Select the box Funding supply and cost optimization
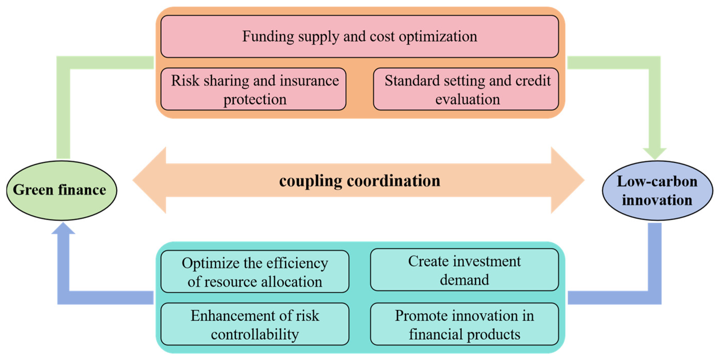pyautogui.click(x=360, y=36)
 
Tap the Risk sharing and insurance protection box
pyautogui.click(x=253, y=89)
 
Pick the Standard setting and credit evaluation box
pyautogui.click(x=466, y=89)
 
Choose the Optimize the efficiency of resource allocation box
pyautogui.click(x=255, y=271)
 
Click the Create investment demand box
pyautogui.click(x=464, y=270)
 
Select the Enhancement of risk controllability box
pyautogui.click(x=255, y=324)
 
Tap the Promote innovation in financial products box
pyautogui.click(x=464, y=324)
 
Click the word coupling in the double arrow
pyautogui.click(x=310, y=181)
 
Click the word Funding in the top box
pyautogui.click(x=268, y=36)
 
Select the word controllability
pyautogui.click(x=255, y=334)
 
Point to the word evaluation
pyautogui.click(x=467, y=99)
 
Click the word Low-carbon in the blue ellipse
pyautogui.click(x=657, y=181)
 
